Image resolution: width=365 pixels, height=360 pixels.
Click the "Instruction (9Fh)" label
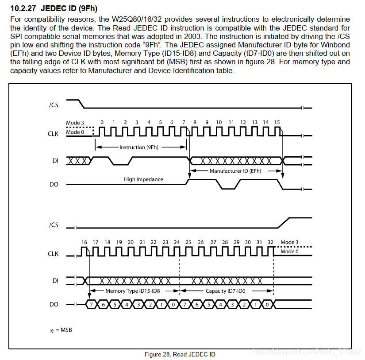(x=138, y=147)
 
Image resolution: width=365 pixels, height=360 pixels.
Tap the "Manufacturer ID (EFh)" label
(x=236, y=170)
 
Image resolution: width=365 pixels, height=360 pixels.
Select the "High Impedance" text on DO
(x=143, y=179)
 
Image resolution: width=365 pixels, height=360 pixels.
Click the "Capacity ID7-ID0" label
(x=225, y=291)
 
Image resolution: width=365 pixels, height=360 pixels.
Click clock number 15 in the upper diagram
(x=277, y=122)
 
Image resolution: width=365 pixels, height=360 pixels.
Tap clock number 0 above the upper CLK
(x=102, y=122)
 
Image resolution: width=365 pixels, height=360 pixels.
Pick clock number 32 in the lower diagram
(x=271, y=242)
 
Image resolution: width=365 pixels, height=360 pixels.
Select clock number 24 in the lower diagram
(x=177, y=242)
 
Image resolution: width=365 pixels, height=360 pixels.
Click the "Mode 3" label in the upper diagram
(x=73, y=123)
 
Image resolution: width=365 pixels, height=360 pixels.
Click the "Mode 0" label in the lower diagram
(x=290, y=251)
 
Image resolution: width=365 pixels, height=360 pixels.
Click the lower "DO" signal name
(x=54, y=305)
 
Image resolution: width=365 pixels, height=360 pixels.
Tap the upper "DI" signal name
(x=55, y=161)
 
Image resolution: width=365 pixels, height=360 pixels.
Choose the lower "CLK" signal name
(x=53, y=254)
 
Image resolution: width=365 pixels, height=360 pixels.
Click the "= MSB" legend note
(x=63, y=330)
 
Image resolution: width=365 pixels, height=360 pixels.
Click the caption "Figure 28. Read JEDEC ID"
(x=180, y=354)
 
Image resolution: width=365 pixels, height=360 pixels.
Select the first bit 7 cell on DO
(x=91, y=305)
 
